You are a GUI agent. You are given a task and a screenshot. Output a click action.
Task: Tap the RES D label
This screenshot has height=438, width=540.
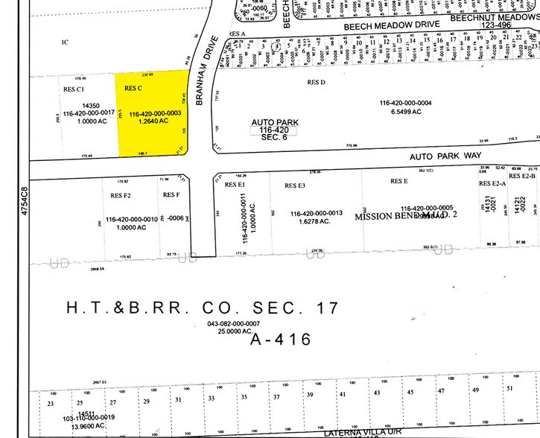point(318,82)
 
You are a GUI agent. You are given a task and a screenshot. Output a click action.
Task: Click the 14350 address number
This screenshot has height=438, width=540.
point(91,106)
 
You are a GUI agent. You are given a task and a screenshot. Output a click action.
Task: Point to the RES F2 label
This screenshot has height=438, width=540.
point(121,195)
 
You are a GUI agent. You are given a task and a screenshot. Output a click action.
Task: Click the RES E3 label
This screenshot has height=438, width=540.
point(296,185)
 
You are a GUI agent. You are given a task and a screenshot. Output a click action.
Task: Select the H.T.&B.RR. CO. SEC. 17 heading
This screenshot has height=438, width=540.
point(203,307)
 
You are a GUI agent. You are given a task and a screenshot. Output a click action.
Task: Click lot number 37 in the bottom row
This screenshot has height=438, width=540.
point(276,396)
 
